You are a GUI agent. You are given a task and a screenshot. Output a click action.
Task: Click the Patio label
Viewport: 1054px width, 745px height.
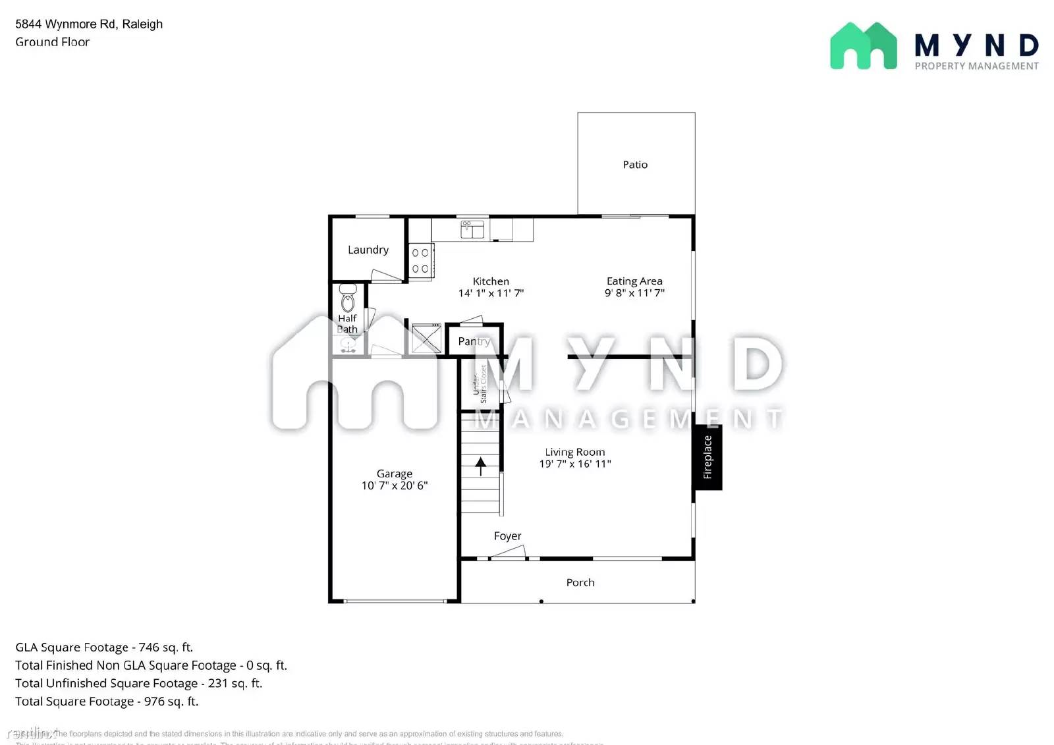coord(635,165)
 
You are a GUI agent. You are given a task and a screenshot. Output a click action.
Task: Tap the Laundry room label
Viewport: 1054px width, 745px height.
coord(368,250)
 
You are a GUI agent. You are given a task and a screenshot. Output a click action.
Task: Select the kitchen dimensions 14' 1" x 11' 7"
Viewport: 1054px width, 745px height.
coord(491,293)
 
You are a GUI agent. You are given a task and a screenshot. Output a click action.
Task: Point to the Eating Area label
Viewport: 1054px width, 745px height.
coord(634,281)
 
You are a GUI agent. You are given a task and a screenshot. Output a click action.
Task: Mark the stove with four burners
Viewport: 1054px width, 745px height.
coord(420,261)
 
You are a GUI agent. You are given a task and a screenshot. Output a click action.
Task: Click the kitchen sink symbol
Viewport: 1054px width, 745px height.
coord(472,229)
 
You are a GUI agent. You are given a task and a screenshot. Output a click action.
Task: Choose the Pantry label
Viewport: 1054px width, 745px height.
coord(474,341)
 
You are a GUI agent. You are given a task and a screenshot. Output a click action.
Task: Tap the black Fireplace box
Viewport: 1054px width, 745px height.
coord(707,457)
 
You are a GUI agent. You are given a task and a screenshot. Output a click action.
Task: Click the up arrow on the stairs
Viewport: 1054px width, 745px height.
coord(481,466)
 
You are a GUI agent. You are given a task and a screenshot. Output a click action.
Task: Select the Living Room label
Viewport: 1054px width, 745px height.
coord(574,452)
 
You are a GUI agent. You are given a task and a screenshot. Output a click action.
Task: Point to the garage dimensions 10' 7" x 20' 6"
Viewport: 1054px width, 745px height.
coord(394,485)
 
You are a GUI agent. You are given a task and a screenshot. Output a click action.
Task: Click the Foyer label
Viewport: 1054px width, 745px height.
coord(507,536)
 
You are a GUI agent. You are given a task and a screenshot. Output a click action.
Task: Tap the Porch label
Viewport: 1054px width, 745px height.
coord(580,582)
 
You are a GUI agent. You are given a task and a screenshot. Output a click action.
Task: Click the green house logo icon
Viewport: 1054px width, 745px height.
coord(863,46)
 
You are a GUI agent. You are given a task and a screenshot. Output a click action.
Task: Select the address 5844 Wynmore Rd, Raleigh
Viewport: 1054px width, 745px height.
coord(89,24)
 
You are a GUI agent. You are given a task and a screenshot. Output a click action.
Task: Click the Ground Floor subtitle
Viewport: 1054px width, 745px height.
coord(52,42)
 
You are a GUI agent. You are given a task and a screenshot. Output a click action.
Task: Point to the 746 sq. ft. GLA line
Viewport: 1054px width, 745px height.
coord(104,648)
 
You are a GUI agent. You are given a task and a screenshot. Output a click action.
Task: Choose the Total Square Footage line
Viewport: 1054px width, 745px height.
coord(107,702)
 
